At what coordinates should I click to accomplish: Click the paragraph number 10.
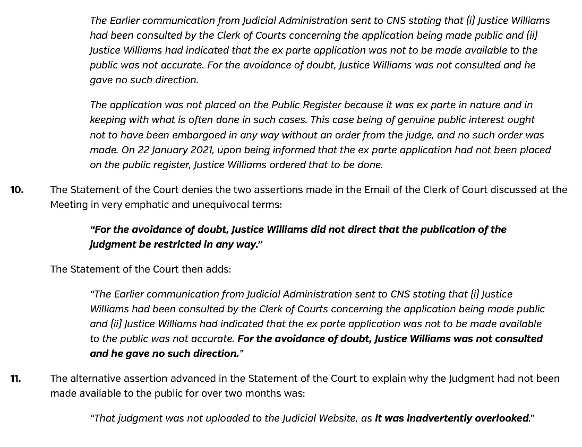(16, 190)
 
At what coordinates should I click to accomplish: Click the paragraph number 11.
(16, 379)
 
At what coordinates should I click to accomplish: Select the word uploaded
(210, 418)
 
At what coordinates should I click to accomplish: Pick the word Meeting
(69, 205)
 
